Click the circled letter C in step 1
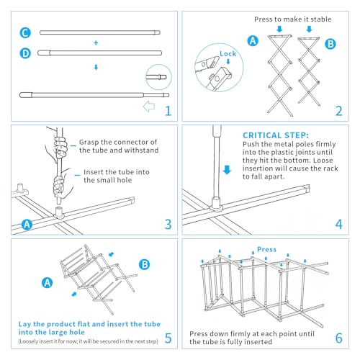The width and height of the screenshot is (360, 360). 25,33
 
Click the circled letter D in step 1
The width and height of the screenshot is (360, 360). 25,53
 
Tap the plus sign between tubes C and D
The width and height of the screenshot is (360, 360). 96,42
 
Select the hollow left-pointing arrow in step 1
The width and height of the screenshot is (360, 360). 149,107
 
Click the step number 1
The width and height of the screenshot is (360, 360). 168,111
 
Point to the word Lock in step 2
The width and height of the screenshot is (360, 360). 228,54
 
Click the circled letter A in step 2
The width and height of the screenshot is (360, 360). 253,41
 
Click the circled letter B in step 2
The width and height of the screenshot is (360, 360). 330,44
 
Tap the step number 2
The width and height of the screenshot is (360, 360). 338,111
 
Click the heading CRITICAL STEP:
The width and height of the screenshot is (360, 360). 276,135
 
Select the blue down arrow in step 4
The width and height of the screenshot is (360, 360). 227,170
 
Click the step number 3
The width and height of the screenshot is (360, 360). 168,225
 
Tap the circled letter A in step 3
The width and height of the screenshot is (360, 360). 27,225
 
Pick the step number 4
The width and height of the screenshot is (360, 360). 339,225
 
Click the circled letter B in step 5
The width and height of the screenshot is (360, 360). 144,264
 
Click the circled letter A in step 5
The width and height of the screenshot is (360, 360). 48,283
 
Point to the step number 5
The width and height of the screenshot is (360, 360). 168,338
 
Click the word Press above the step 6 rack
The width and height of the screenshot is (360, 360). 266,250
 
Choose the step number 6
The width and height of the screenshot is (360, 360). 339,338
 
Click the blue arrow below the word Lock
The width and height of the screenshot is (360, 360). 228,62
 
